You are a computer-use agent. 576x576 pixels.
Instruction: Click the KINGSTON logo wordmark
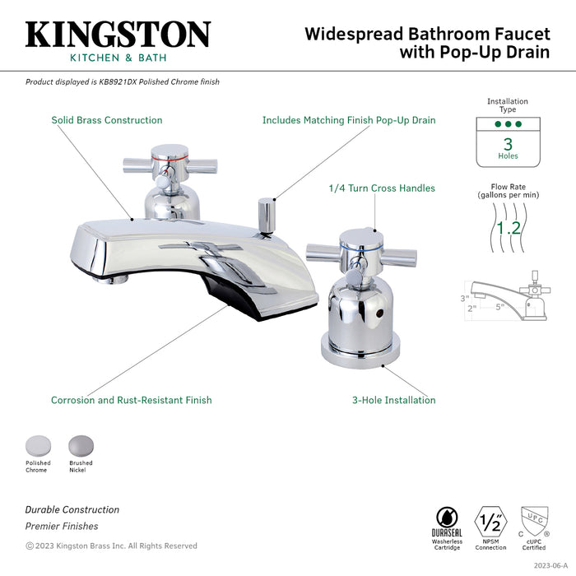[x=118, y=35]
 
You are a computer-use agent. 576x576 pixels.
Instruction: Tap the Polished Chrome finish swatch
[x=37, y=445]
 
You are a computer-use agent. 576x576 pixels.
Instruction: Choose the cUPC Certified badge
[x=535, y=520]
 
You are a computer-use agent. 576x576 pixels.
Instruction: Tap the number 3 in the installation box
[x=508, y=143]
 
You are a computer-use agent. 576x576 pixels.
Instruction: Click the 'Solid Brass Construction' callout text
[x=107, y=120]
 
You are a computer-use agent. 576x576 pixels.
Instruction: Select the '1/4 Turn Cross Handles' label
[x=381, y=188]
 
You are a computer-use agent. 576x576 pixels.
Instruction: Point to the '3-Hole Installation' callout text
[x=393, y=401]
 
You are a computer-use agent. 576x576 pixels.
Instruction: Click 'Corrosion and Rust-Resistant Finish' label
[x=131, y=401]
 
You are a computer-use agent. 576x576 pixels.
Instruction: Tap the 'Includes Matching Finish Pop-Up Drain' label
[x=348, y=120]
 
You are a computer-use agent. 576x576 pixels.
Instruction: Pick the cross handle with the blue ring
[x=341, y=246]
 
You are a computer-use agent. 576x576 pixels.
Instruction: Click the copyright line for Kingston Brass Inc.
[x=111, y=546]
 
